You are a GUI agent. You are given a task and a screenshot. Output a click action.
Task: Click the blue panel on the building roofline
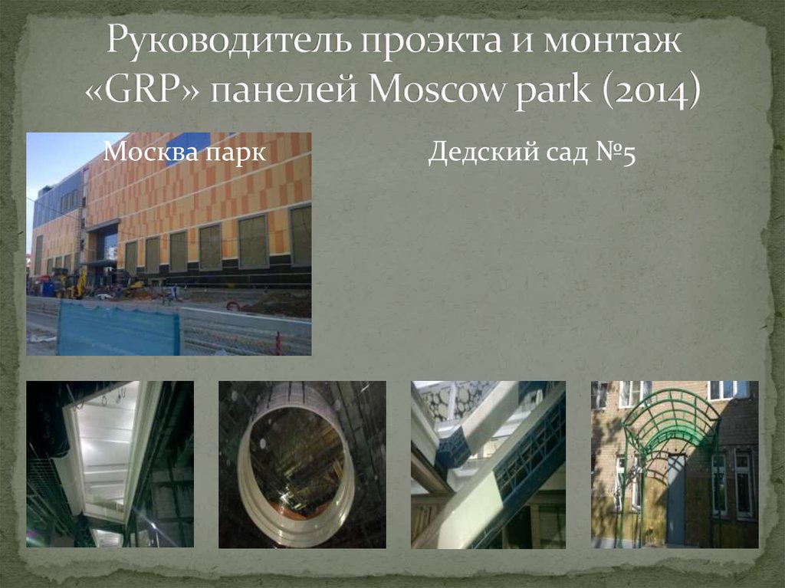point(188,148)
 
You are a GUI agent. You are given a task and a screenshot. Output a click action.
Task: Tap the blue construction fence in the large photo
point(119,327)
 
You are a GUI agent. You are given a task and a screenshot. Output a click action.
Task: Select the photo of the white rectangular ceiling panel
point(110,464)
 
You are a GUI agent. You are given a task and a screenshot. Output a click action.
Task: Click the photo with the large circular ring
point(301,464)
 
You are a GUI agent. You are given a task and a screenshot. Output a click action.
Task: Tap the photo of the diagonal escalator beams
point(488,464)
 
